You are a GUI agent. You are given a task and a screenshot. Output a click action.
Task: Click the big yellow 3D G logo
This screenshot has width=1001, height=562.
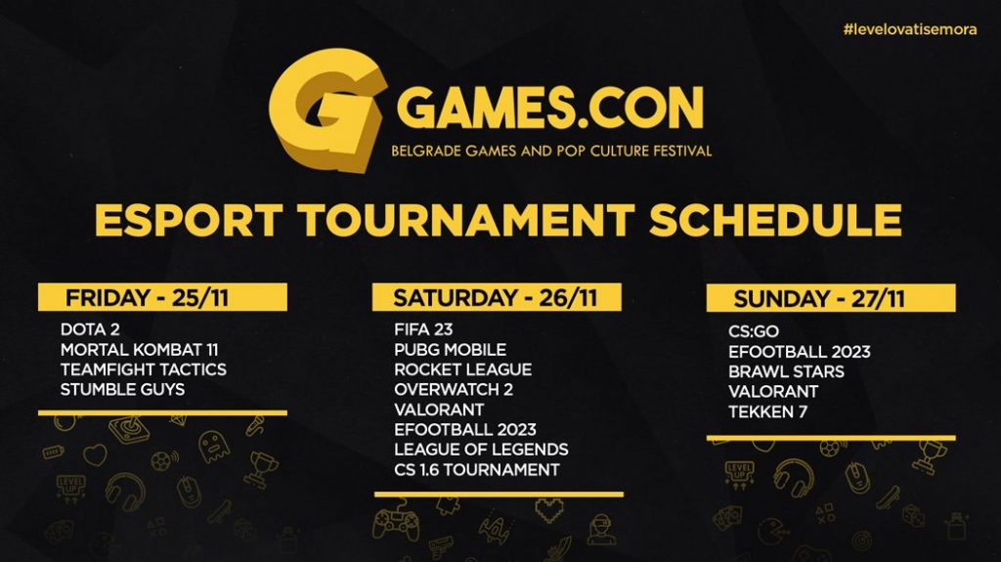[326, 109]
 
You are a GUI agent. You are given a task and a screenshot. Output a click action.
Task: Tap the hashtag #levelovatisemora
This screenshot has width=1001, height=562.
[909, 29]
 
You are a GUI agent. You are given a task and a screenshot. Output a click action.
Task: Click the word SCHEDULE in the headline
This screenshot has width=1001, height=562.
[775, 220]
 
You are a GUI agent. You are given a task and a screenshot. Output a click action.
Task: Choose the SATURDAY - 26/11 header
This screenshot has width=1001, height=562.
[497, 297]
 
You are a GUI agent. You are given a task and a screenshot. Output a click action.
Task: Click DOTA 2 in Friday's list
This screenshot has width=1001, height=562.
[90, 329]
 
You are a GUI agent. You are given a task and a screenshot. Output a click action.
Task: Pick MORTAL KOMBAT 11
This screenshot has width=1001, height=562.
[139, 350]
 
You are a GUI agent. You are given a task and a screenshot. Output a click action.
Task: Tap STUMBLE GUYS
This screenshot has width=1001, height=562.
[122, 390]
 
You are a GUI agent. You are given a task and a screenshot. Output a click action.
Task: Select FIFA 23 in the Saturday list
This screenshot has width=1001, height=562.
[423, 329]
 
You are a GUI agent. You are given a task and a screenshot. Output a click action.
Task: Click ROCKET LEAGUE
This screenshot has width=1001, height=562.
[462, 369]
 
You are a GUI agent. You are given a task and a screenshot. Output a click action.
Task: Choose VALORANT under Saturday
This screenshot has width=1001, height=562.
[439, 410]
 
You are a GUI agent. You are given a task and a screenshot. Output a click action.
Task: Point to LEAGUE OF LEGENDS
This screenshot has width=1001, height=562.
[481, 450]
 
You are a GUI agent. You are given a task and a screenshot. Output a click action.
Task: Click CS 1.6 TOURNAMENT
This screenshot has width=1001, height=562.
[477, 470]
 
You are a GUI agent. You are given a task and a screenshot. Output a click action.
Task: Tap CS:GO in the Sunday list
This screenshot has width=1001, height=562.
[754, 331]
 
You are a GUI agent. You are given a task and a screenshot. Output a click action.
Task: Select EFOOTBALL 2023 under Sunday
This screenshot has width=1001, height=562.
[800, 352]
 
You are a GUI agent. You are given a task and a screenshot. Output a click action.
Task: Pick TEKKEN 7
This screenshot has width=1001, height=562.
[767, 411]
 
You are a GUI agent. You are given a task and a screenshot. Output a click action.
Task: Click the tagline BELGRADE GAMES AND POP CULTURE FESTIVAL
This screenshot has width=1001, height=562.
[551, 151]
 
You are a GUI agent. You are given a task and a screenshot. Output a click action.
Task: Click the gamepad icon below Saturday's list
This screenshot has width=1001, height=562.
[396, 521]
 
